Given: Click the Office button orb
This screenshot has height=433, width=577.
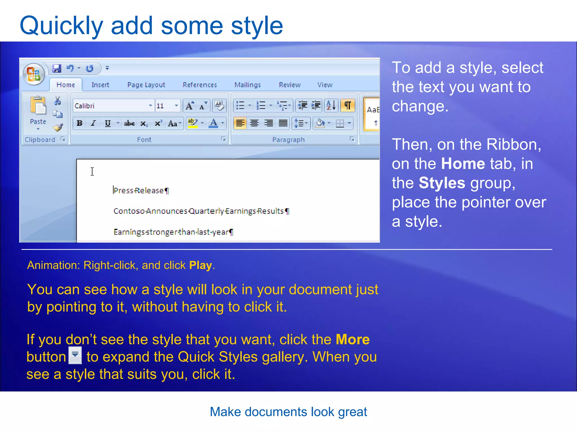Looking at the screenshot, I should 34,74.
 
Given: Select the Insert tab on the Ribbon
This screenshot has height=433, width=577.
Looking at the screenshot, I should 100,85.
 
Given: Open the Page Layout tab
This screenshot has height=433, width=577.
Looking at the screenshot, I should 146,85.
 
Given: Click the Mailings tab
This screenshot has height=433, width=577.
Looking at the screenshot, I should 247,85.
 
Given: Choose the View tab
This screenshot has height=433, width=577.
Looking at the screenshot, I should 325,85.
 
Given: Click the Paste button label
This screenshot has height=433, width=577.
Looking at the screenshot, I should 38,122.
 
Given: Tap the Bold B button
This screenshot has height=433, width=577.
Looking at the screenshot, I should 79,123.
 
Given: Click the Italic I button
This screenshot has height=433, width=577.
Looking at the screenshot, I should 93,123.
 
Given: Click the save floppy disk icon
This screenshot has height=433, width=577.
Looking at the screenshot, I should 57,69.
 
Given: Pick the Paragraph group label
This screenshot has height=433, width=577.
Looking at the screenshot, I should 288,140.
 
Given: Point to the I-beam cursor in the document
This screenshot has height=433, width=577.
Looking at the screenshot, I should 92,171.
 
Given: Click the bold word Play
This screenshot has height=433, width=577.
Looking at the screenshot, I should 200,265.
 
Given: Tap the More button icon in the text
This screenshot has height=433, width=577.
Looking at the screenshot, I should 75,355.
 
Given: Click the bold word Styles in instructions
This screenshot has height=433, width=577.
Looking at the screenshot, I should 441,183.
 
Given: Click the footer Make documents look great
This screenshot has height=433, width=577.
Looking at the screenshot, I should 288,412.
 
